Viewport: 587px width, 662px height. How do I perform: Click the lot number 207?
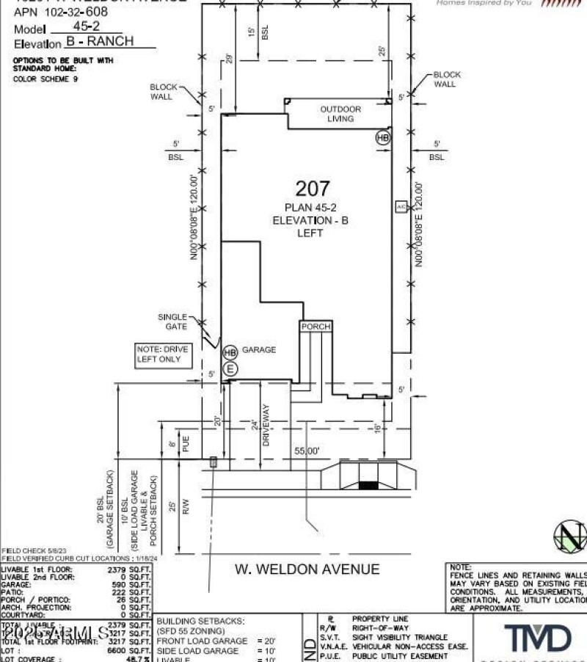313,189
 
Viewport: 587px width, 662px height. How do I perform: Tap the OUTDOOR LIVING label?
340,114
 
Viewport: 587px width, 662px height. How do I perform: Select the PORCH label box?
316,327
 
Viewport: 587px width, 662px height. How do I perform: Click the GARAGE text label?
259,350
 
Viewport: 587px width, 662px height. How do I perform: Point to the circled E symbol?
230,368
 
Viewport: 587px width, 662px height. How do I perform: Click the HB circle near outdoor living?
382,137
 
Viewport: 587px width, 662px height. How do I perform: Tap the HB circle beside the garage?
230,352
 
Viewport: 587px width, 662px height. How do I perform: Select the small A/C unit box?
401,207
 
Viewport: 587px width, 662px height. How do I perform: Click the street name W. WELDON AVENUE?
307,569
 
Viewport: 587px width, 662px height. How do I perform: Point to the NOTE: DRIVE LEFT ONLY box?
163,355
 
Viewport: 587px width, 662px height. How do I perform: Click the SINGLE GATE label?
172,321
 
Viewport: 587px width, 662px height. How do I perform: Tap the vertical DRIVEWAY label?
266,426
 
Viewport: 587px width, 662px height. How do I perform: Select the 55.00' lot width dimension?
307,452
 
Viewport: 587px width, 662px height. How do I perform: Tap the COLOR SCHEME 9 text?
45,78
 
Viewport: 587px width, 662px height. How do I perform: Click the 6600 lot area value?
117,650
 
